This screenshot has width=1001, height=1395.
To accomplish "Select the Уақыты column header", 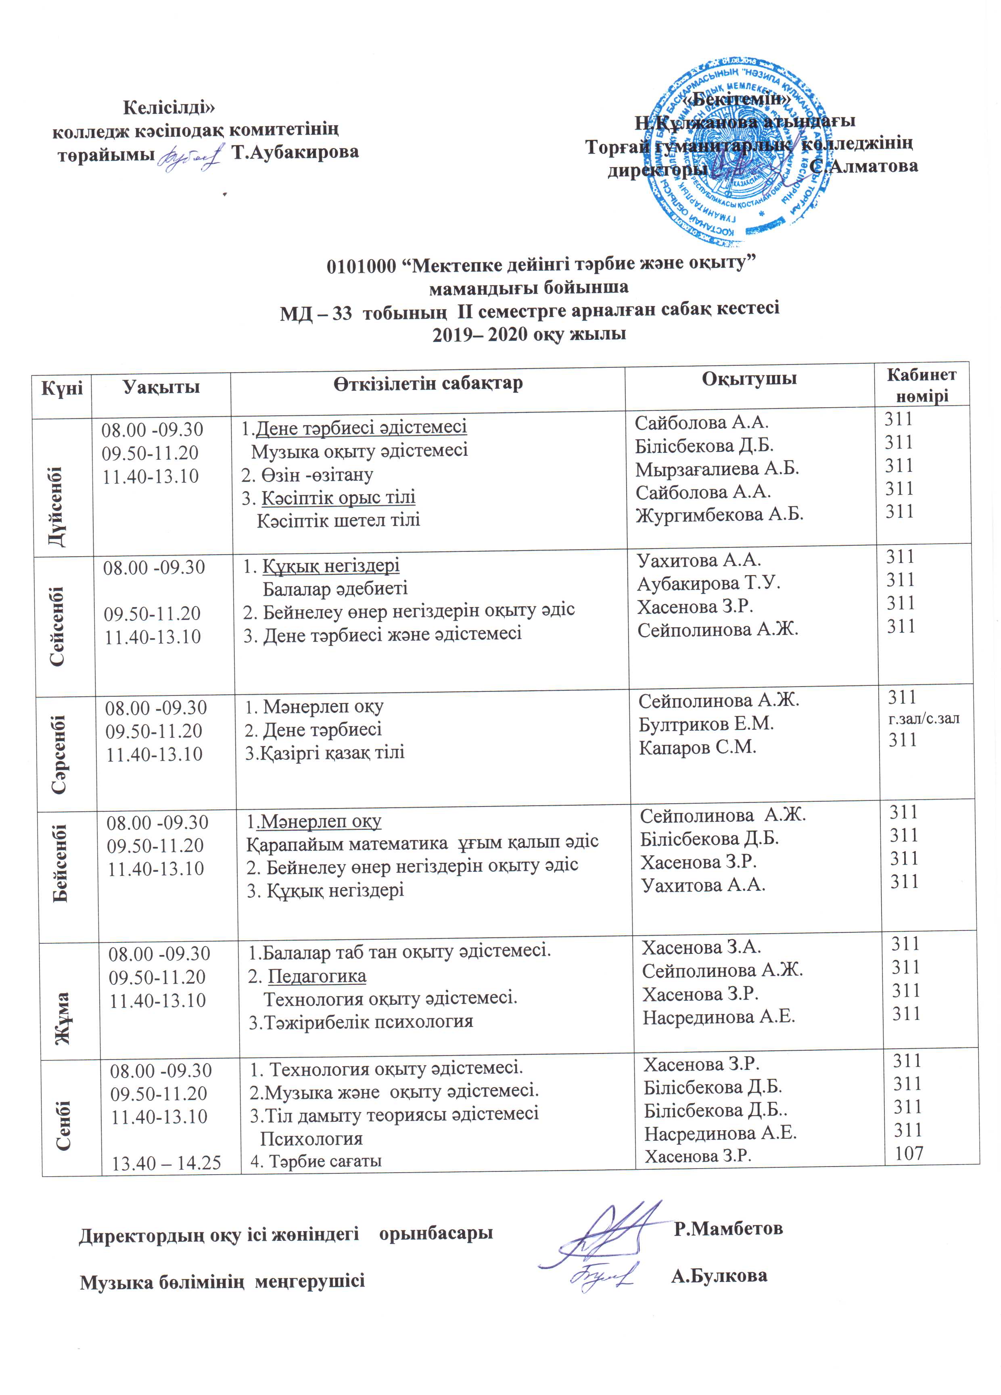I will [x=161, y=387].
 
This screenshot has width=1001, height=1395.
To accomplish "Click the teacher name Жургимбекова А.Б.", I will [x=719, y=514].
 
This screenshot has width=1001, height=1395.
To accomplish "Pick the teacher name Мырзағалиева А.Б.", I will [x=717, y=469].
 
